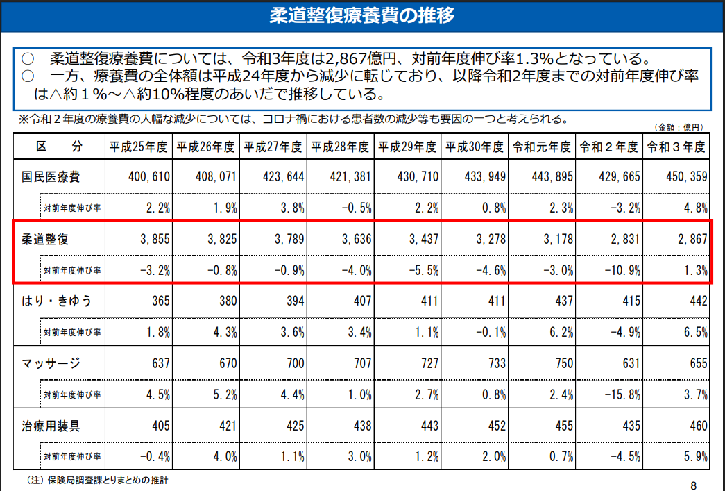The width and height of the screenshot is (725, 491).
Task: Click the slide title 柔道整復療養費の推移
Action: point(362,15)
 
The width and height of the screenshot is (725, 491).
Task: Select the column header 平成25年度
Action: point(138,147)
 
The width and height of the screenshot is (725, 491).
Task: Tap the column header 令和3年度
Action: point(676,147)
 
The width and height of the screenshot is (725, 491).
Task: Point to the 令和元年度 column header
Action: point(542,147)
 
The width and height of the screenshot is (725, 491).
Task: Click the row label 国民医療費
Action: point(51,177)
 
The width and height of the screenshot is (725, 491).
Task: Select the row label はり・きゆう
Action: point(56,301)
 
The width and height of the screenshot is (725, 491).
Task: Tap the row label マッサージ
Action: point(51,363)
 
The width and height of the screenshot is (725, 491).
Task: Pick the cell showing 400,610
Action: point(149,177)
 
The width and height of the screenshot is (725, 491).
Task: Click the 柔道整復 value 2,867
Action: point(692,239)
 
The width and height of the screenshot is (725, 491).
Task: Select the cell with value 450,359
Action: point(685,177)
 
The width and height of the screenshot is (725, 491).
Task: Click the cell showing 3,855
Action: point(155,239)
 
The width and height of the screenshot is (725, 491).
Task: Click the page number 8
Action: point(694,484)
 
